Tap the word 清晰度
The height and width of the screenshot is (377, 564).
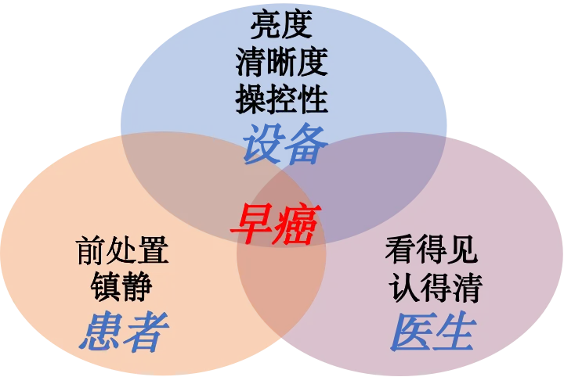coord(281,62)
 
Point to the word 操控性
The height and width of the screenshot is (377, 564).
coord(281,99)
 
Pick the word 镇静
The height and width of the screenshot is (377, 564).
coord(122,286)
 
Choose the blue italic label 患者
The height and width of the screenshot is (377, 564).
coord(124,332)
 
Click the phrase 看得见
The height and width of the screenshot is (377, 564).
coord(432,250)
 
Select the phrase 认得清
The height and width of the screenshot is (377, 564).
coord(435,287)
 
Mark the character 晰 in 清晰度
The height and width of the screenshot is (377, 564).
coord(281,62)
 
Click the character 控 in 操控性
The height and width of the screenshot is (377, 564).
coord(281,99)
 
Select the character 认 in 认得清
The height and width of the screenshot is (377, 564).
coord(404,287)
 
